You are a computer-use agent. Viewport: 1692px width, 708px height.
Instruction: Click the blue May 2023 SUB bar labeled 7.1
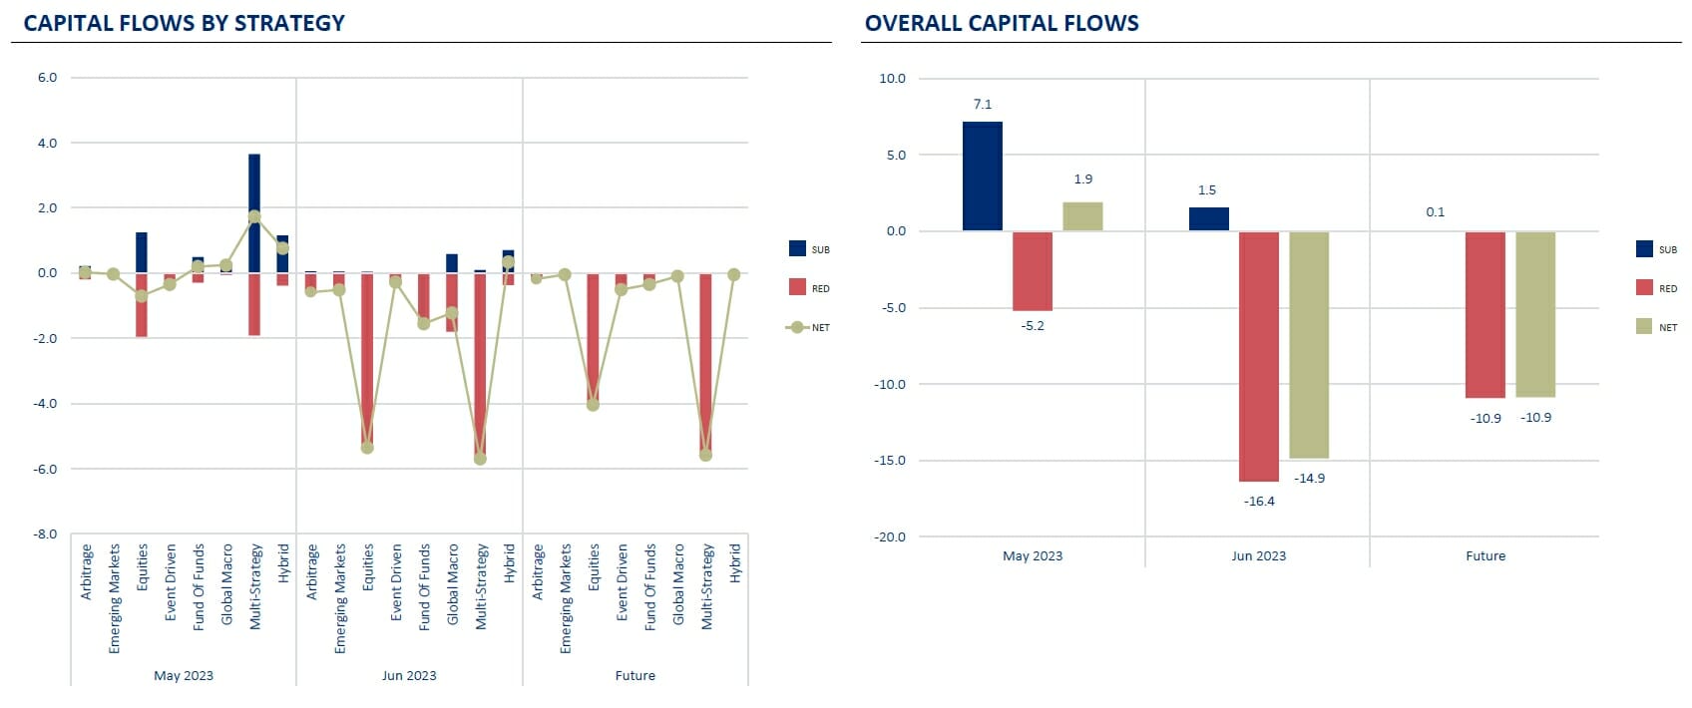982,177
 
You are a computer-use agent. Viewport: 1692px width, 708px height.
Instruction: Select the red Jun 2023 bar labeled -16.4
1258,356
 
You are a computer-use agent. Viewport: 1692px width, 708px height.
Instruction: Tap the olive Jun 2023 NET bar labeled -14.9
1308,345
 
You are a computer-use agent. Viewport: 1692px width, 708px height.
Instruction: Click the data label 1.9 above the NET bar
1082,179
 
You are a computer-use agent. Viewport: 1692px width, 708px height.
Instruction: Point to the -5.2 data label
1033,326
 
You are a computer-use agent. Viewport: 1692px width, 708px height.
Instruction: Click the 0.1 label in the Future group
1435,212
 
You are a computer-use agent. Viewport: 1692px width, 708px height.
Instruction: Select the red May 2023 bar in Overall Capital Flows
1033,271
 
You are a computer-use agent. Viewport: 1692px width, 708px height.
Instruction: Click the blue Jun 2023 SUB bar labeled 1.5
1208,219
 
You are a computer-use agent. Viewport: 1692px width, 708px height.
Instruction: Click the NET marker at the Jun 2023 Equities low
367,448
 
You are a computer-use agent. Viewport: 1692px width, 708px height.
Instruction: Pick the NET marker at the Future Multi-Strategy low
705,455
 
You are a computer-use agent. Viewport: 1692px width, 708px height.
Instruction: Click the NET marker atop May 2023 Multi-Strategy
254,217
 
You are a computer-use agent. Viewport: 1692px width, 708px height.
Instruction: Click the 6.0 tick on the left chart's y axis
47,78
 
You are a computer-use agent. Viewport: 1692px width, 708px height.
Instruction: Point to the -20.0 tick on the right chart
891,536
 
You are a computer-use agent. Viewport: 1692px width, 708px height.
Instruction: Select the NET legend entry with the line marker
807,327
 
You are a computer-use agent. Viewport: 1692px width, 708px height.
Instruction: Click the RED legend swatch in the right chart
1644,288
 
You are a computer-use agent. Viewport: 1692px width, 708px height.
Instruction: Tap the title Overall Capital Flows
1002,23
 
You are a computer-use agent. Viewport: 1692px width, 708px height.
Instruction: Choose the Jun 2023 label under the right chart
1258,556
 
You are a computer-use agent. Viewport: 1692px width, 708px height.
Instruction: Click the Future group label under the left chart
634,676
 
